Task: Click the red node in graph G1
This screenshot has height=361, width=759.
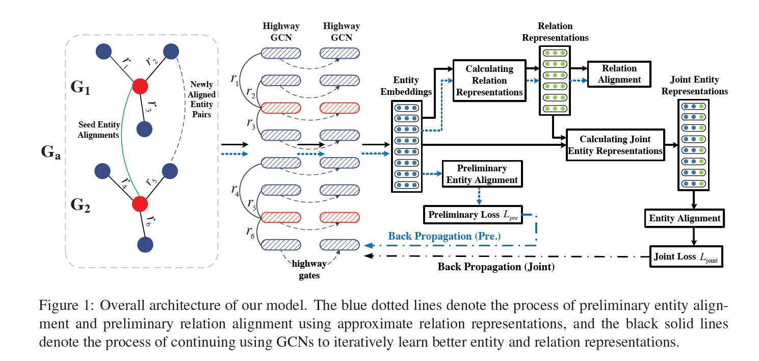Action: pyautogui.click(x=140, y=87)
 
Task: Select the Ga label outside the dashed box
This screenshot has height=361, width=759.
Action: pyautogui.click(x=51, y=152)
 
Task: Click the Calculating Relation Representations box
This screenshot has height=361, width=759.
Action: pyautogui.click(x=489, y=81)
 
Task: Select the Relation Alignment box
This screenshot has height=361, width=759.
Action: pyautogui.click(x=619, y=74)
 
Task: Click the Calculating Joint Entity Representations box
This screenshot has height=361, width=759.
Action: pyautogui.click(x=615, y=145)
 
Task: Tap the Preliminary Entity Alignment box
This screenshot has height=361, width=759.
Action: pyautogui.click(x=481, y=174)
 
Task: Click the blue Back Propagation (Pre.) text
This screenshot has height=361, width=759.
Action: pyautogui.click(x=444, y=236)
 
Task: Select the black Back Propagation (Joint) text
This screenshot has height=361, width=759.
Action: pyautogui.click(x=495, y=266)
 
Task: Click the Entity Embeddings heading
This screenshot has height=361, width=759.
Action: pyautogui.click(x=406, y=86)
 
